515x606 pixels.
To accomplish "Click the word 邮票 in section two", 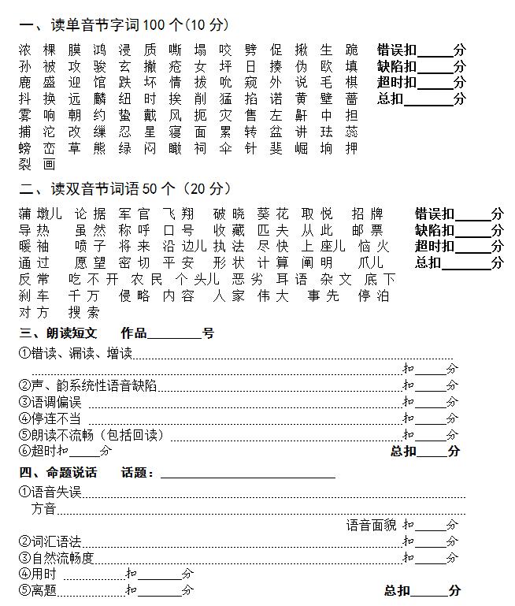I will pyautogui.click(x=367, y=230).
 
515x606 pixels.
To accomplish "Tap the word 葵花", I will pyautogui.click(x=273, y=214).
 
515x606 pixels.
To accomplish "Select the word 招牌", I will pyautogui.click(x=367, y=214).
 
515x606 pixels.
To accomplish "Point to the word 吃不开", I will pyautogui.click(x=94, y=279).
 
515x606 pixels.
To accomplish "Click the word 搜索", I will pyautogui.click(x=83, y=312).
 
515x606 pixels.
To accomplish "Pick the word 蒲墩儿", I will pyautogui.click(x=39, y=214).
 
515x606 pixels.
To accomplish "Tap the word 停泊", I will pyautogui.click(x=373, y=296).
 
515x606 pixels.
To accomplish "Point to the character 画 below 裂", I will pyautogui.click(x=50, y=164).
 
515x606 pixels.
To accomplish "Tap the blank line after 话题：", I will pyautogui.click(x=247, y=474).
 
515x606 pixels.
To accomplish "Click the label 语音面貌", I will pyautogui.click(x=371, y=525).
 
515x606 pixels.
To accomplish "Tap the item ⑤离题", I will pyautogui.click(x=38, y=589).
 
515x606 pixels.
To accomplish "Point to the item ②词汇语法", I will pyautogui.click(x=50, y=541).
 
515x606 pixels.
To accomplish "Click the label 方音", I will pyautogui.click(x=43, y=509).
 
